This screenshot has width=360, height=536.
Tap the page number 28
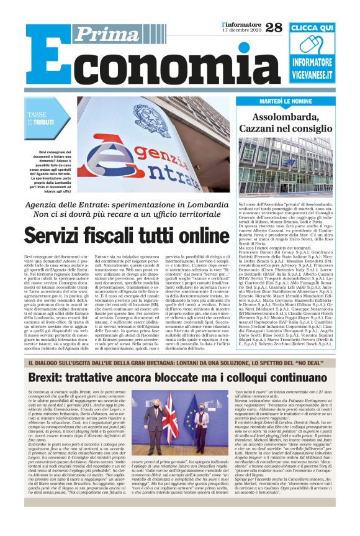coord(273,27)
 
